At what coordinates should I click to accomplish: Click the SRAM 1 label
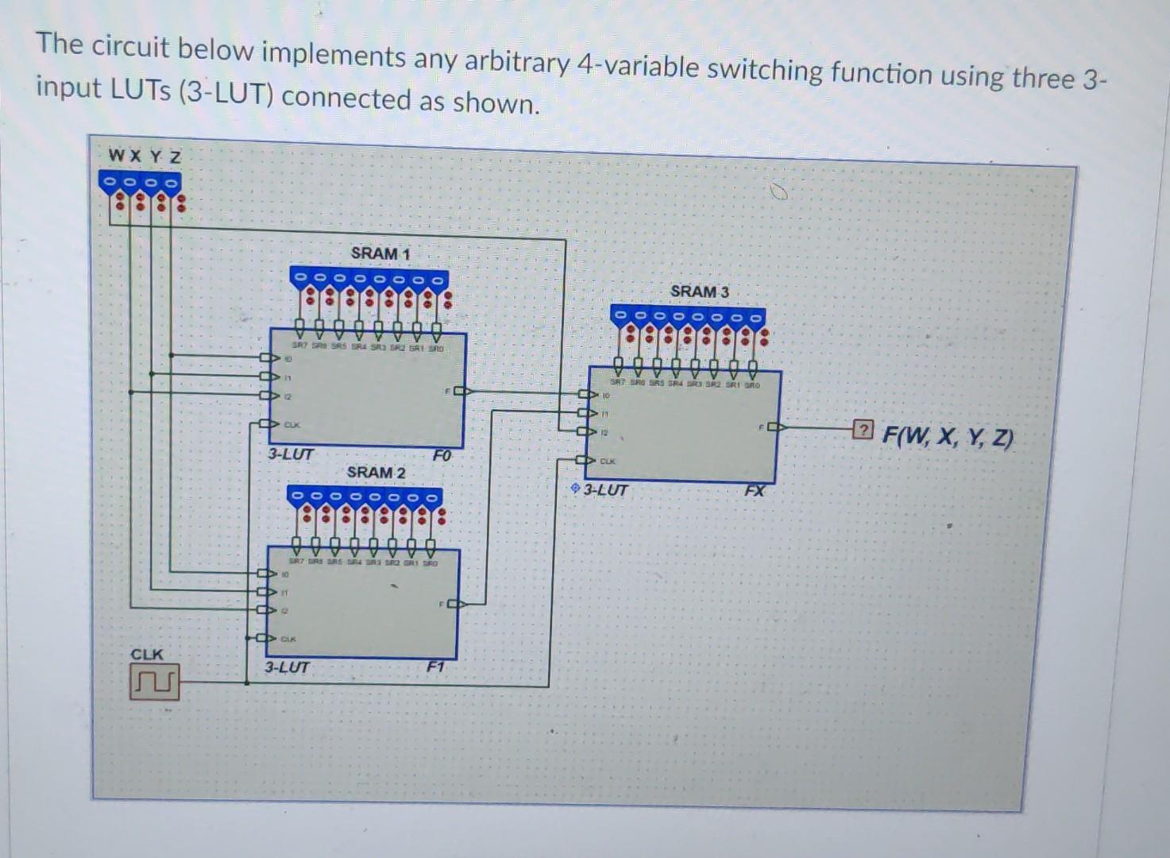[x=380, y=253]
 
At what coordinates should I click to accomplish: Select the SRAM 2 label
[x=376, y=472]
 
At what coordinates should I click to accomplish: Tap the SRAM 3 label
[x=699, y=292]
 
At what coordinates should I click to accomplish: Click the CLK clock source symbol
[x=155, y=683]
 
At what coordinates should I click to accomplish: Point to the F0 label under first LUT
[x=442, y=456]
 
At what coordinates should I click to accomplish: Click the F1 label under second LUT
[x=434, y=667]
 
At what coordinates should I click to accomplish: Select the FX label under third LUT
[x=755, y=491]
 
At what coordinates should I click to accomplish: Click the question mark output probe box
[x=862, y=431]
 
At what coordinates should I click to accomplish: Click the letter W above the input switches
[x=116, y=155]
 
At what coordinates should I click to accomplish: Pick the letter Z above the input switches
[x=175, y=157]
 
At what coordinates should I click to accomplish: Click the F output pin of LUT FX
[x=774, y=427]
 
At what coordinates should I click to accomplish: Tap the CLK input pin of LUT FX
[x=585, y=461]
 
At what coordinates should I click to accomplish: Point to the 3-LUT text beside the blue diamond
[x=606, y=490]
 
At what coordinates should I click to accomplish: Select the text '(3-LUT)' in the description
[x=225, y=95]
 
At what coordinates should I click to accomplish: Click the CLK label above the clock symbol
[x=147, y=655]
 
